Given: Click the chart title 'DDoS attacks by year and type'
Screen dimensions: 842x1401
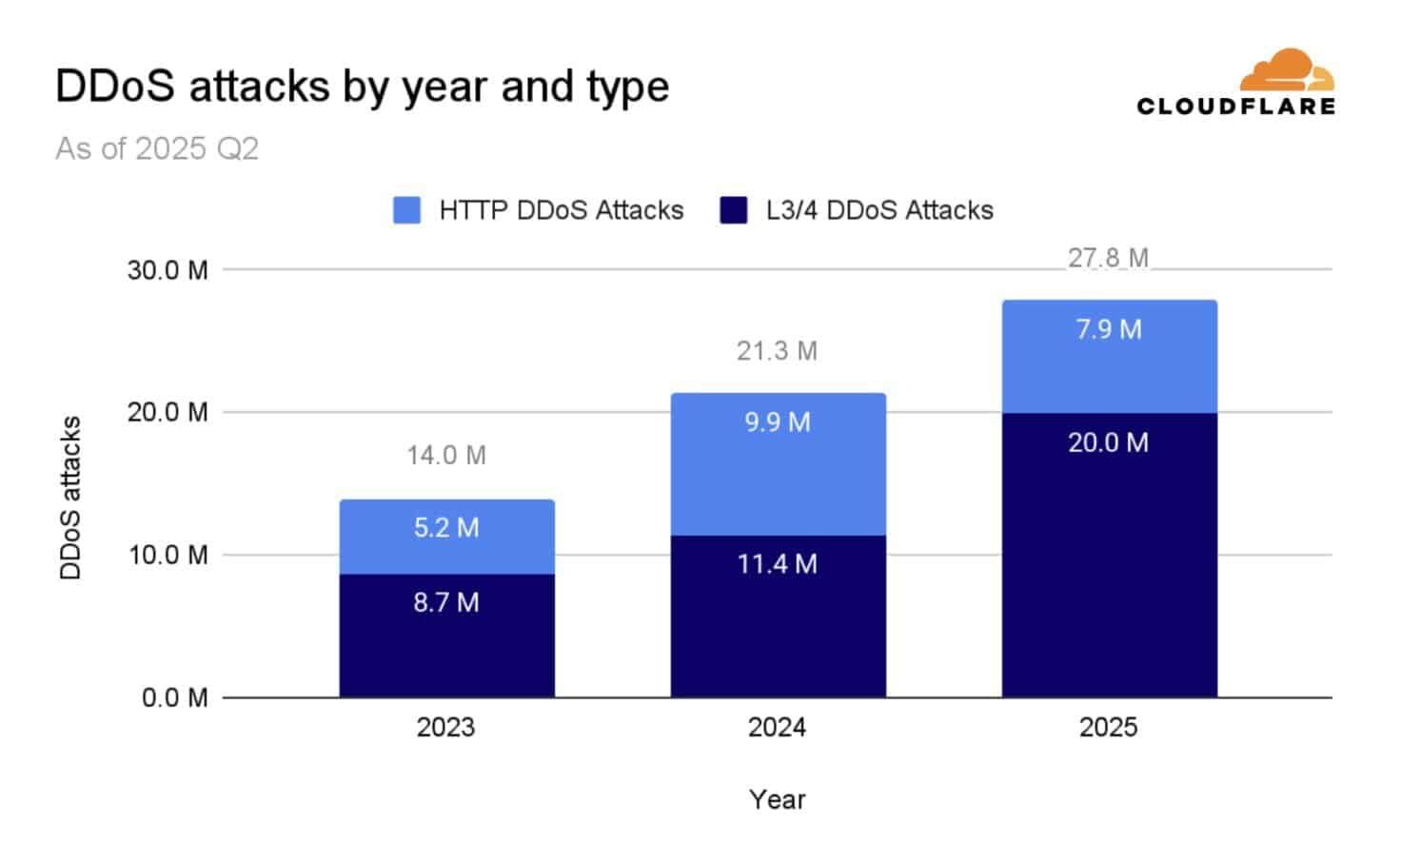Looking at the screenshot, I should tap(362, 87).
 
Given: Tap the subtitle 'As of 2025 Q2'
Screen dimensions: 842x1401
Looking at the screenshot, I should tap(157, 148).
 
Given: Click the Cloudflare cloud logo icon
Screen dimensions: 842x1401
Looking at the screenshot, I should tap(1287, 71).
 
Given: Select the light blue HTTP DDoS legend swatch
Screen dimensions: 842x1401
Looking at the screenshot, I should tap(406, 210).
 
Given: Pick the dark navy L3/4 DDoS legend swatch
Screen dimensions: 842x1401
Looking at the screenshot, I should tap(733, 210).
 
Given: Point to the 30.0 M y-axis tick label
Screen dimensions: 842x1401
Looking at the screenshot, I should tap(168, 270).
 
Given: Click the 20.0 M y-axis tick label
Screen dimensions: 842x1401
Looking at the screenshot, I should tap(168, 413).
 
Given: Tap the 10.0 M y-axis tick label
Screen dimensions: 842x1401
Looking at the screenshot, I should tap(168, 555).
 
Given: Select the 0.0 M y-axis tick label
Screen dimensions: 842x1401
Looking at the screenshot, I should tap(174, 698).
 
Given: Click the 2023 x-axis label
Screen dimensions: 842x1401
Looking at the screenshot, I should tap(445, 728).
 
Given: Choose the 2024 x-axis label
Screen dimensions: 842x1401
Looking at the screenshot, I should tap(777, 728).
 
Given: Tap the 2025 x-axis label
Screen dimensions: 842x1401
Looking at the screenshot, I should tap(1108, 728).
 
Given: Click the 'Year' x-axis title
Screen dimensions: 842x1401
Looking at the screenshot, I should tap(777, 799).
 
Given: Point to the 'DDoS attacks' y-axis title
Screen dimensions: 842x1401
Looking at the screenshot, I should tap(71, 498).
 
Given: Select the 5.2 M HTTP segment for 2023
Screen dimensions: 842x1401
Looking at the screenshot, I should tap(446, 538).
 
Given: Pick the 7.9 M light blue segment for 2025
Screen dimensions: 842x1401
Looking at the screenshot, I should tap(1109, 357).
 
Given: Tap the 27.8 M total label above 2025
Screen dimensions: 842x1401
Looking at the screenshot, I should tap(1108, 259).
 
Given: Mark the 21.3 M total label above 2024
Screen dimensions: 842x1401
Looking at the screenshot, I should tap(777, 351).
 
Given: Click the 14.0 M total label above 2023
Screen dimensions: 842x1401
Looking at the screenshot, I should tap(446, 456).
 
